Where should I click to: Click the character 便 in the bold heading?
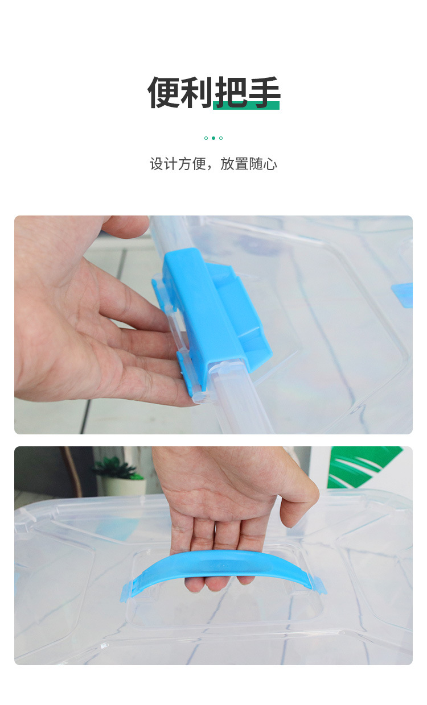pyautogui.click(x=164, y=92)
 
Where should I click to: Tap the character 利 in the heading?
pyautogui.click(x=197, y=92)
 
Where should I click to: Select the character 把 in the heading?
pyautogui.click(x=231, y=92)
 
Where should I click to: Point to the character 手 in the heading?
pyautogui.click(x=264, y=92)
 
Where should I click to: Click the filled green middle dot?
pyautogui.click(x=213, y=138)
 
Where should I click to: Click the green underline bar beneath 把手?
pyautogui.click(x=246, y=105)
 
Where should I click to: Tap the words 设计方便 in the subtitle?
pyautogui.click(x=178, y=164)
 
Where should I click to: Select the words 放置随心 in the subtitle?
pyautogui.click(x=249, y=164)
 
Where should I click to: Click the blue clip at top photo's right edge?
pyautogui.click(x=403, y=295)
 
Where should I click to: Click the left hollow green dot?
pyautogui.click(x=206, y=138)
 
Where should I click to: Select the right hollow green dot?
pyautogui.click(x=221, y=138)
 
